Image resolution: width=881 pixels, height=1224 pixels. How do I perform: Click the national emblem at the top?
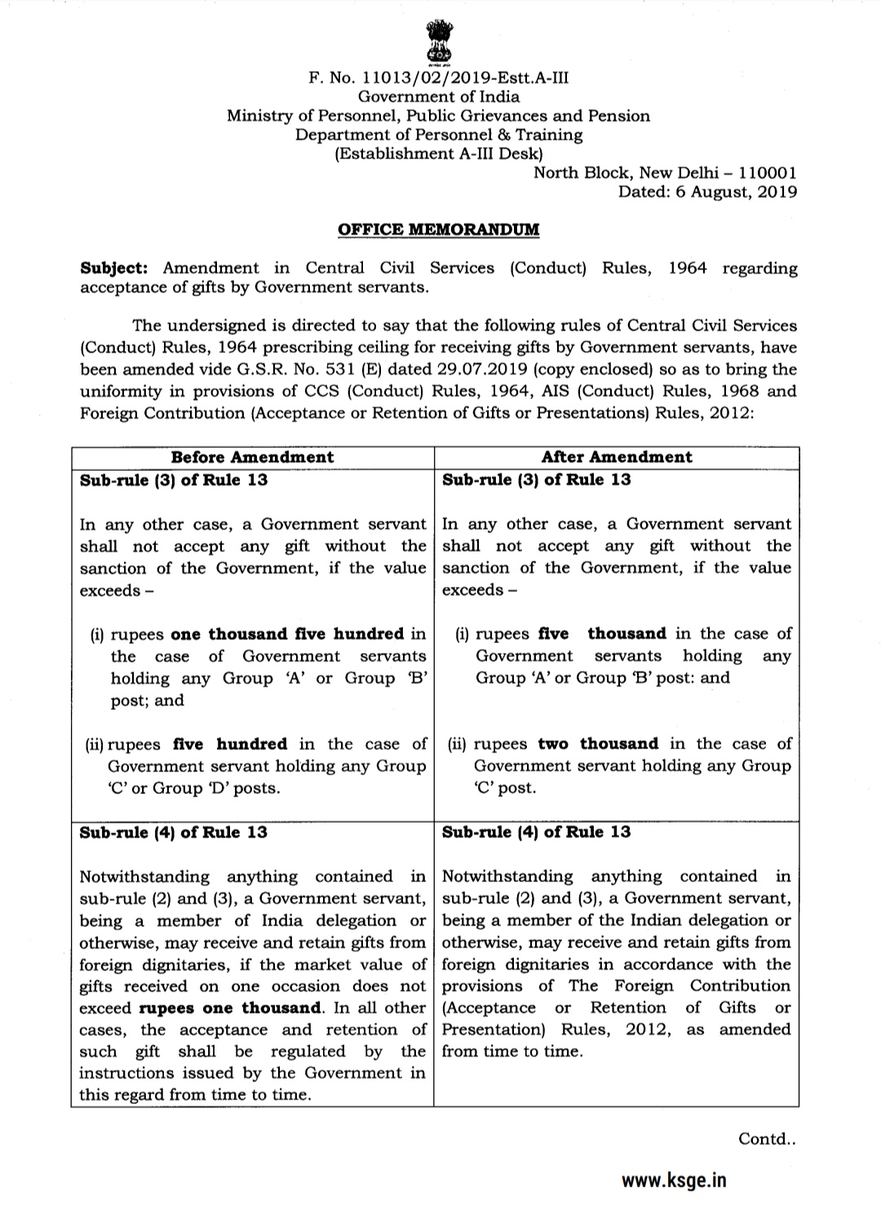tap(439, 40)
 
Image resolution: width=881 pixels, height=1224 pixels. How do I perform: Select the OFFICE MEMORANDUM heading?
tap(439, 229)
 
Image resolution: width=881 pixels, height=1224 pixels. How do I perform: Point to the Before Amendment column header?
tap(252, 457)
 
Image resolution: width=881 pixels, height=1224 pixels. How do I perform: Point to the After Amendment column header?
tap(617, 457)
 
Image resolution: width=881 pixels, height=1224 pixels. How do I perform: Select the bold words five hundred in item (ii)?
tap(230, 744)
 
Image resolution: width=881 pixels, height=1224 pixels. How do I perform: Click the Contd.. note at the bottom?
tap(767, 1138)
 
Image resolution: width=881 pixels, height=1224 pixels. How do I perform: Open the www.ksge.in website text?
tap(674, 1180)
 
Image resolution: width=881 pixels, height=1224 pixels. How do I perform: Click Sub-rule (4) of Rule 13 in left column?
tap(173, 832)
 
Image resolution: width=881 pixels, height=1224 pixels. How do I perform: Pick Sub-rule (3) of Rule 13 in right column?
tap(536, 480)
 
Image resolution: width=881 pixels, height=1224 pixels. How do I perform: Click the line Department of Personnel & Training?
tap(439, 135)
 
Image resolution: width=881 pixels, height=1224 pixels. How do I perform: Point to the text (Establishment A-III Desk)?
tap(439, 153)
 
